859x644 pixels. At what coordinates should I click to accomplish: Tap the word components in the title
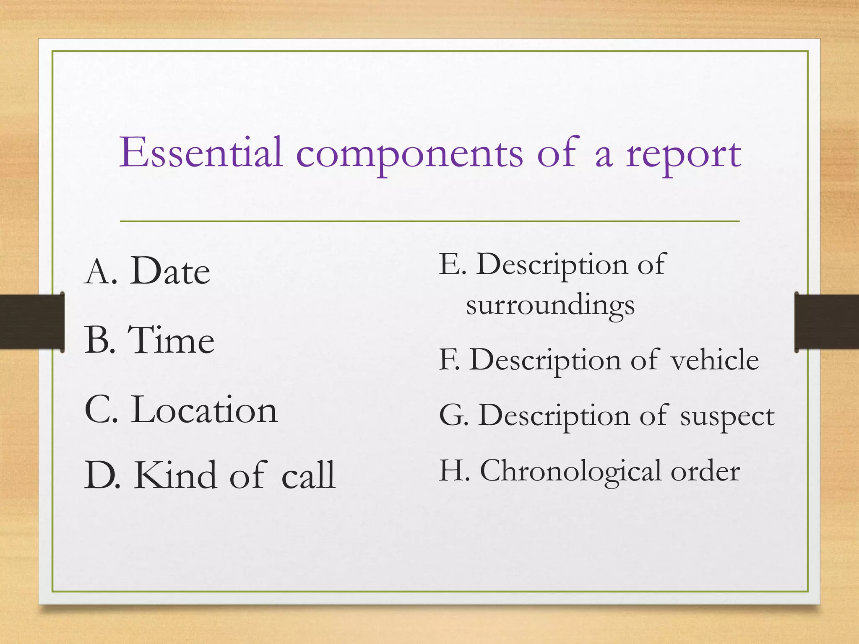point(409,155)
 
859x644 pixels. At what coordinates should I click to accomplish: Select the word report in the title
point(684,155)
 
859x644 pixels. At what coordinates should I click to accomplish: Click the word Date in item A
point(170,271)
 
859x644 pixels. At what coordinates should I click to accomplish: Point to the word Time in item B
point(171,340)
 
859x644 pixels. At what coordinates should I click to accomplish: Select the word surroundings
point(550,306)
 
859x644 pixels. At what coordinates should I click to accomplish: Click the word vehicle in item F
point(715,360)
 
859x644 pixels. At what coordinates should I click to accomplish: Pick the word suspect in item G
point(727,416)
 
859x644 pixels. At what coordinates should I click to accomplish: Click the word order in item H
point(705,472)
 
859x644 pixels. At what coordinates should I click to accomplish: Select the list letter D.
point(101,475)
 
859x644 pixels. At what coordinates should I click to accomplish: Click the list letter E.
point(450,264)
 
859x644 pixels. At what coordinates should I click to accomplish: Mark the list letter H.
point(453,470)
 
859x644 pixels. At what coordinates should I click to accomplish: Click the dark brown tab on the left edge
point(32,322)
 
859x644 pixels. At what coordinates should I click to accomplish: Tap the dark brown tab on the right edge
point(827,322)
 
